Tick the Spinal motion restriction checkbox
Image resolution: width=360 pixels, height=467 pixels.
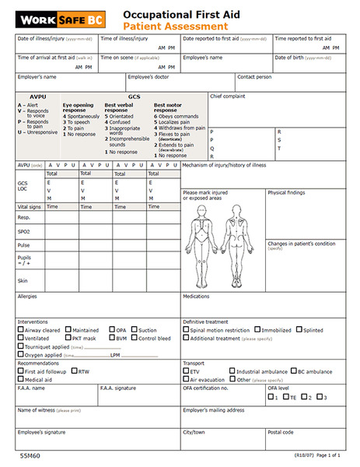[x=186, y=330]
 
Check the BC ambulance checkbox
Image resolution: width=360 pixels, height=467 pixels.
[x=294, y=372]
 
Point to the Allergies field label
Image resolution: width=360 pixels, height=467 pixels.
[x=28, y=297]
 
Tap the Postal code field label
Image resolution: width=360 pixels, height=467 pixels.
[x=281, y=432]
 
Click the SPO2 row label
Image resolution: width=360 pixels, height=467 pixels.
[x=24, y=231]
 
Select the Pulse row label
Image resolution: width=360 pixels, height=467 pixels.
[x=23, y=245]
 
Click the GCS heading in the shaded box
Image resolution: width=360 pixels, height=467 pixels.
[x=135, y=96]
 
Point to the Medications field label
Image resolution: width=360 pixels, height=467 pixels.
[x=196, y=297]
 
